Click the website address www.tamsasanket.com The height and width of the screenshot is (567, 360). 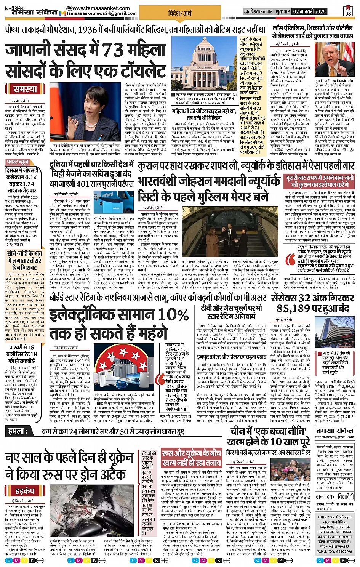tap(98, 8)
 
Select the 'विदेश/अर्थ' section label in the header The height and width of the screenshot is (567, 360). tap(180, 13)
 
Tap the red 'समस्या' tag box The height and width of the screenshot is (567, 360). tap(25, 89)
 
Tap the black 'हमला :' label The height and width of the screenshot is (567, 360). tap(18, 431)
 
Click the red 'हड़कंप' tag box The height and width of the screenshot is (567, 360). tap(25, 490)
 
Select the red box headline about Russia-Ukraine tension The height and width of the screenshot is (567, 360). tap(191, 458)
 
